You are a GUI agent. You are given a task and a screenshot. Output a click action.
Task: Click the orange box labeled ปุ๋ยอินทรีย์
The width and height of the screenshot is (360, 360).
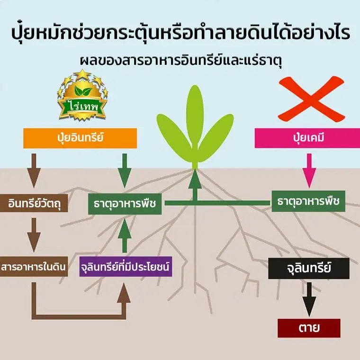pyautogui.click(x=80, y=138)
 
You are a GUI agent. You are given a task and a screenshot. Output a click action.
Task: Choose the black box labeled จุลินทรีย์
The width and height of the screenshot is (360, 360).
pyautogui.click(x=308, y=269)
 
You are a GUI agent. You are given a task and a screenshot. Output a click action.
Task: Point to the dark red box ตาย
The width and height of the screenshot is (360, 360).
pyautogui.click(x=309, y=328)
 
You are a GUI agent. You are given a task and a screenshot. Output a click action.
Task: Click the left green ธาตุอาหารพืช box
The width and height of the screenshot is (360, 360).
pyautogui.click(x=125, y=204)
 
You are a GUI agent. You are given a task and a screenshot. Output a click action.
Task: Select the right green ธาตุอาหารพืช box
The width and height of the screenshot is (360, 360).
pyautogui.click(x=308, y=201)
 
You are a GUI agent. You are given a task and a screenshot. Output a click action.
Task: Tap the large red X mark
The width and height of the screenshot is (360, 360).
pyautogui.click(x=311, y=99)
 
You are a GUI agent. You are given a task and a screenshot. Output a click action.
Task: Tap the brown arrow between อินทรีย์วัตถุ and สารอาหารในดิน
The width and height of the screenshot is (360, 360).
pyautogui.click(x=34, y=234)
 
